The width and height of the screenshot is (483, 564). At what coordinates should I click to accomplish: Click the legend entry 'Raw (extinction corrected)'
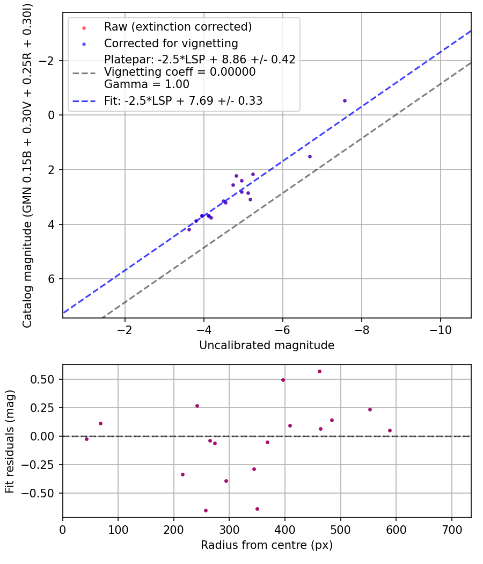(x=178, y=27)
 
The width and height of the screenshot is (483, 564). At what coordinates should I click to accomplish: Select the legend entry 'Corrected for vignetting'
(x=171, y=43)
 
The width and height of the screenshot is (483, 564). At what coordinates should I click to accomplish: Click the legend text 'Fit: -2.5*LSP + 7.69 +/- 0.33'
(x=183, y=100)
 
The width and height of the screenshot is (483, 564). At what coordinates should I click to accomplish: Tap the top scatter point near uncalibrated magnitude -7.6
(x=345, y=100)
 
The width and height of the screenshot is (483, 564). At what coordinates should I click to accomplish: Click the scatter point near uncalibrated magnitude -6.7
(x=310, y=156)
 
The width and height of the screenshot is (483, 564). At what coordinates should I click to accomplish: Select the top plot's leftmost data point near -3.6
(x=189, y=229)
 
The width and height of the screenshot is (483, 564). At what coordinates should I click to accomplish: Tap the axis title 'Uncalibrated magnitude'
(x=267, y=345)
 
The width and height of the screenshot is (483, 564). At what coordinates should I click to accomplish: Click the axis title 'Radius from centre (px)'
(x=267, y=545)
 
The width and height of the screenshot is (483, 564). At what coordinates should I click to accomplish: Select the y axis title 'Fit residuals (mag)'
(x=10, y=441)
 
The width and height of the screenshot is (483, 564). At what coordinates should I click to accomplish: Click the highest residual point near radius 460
(x=319, y=371)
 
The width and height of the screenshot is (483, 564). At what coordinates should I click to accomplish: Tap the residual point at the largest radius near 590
(x=390, y=430)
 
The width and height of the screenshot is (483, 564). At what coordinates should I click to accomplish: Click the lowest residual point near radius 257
(x=206, y=510)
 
